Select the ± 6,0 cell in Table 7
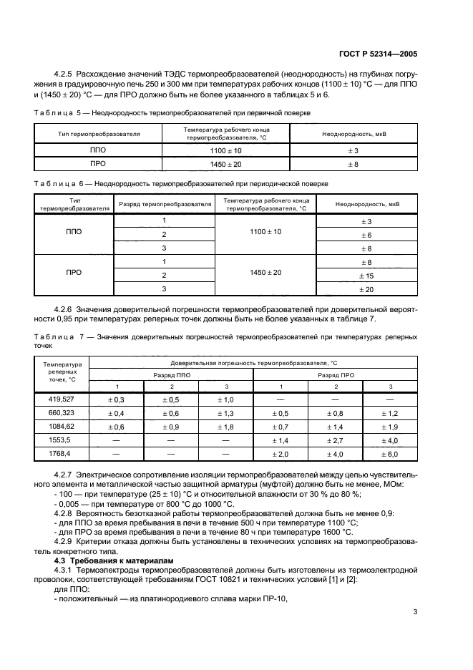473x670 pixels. [x=391, y=455]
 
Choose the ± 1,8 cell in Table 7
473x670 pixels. [x=225, y=427]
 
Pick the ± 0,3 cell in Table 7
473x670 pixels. [x=116, y=399]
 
